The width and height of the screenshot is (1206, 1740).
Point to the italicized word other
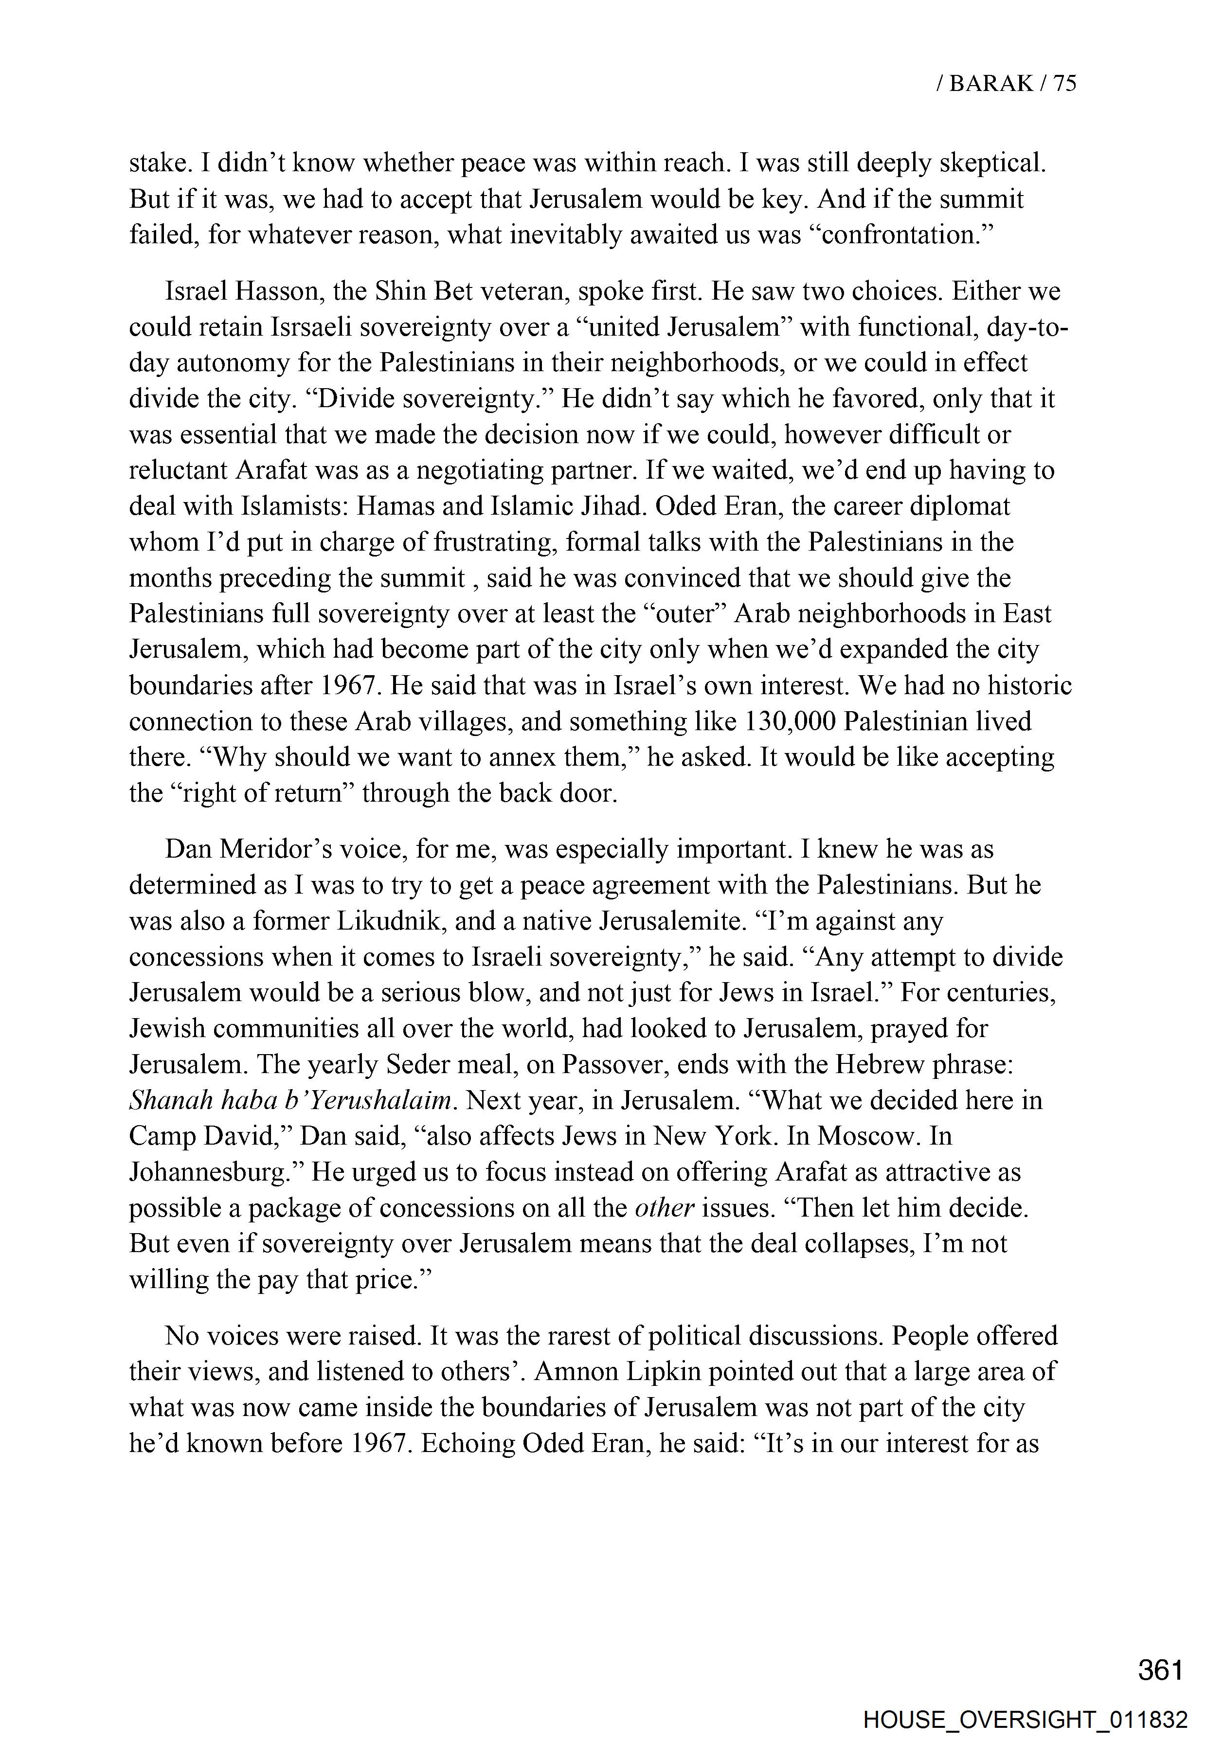point(664,1207)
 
